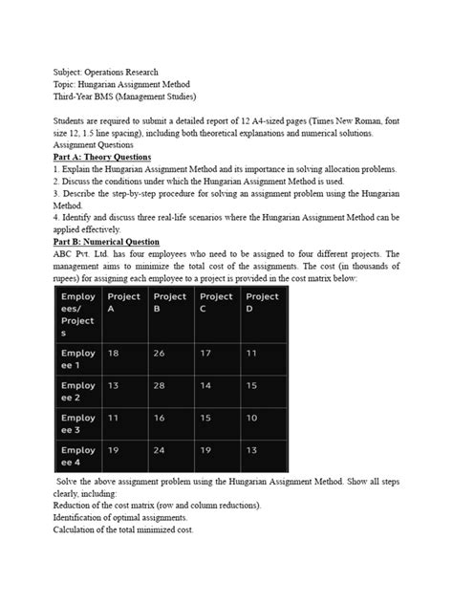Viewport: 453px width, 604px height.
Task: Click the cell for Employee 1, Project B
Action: [160, 354]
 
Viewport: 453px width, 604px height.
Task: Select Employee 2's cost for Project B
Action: [160, 386]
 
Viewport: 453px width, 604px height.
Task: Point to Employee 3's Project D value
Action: [252, 418]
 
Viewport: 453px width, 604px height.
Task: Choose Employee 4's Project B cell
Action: [160, 450]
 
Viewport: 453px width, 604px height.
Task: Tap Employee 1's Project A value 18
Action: [115, 354]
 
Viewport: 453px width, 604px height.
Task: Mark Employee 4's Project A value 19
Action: [115, 450]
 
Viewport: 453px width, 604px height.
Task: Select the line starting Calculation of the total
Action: [123, 528]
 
